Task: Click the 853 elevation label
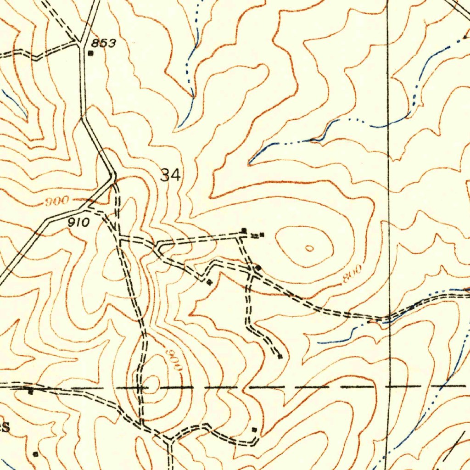tap(103, 43)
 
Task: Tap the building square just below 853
tap(90, 53)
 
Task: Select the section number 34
tap(170, 175)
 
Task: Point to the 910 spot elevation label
tap(79, 223)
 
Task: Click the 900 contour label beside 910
tap(58, 201)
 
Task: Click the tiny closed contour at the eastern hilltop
tap(310, 248)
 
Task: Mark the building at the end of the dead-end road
tap(280, 356)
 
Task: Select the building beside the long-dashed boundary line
tap(30, 392)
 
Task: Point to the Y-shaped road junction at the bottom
tap(170, 440)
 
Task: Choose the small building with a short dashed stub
tap(262, 235)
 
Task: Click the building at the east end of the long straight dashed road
tap(244, 230)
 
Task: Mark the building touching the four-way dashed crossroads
tap(258, 267)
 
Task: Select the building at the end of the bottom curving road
tap(254, 430)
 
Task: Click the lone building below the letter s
tap(36, 454)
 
